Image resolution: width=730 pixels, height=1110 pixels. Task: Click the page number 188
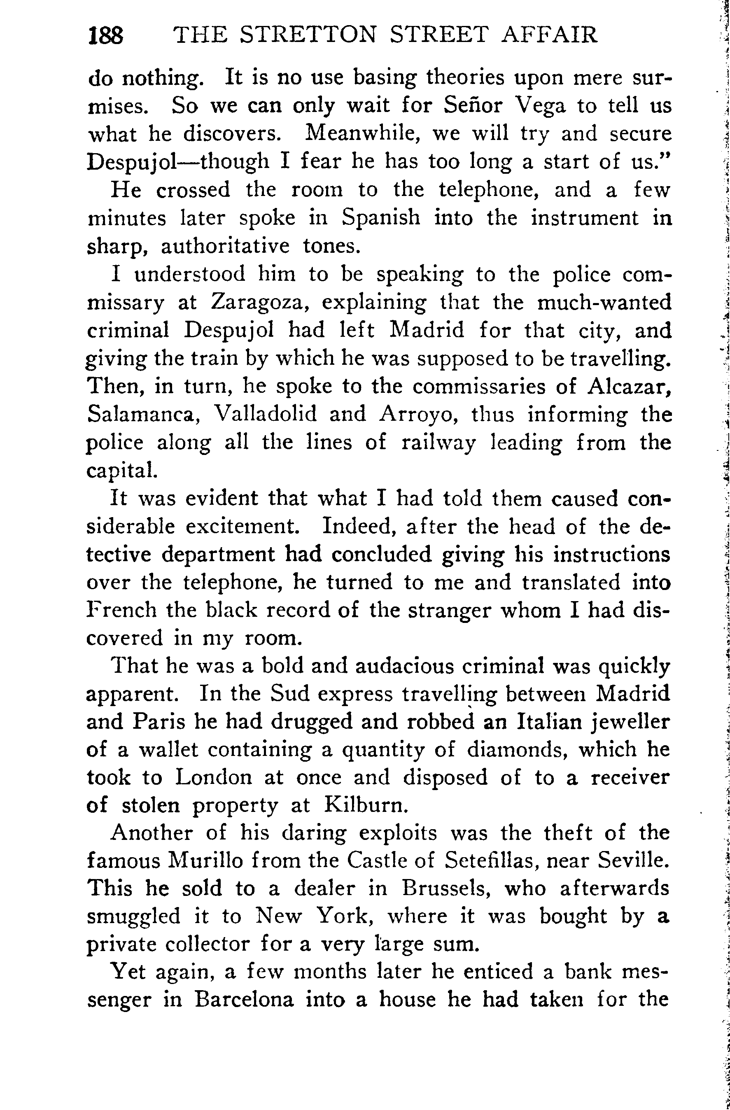pyautogui.click(x=106, y=35)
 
